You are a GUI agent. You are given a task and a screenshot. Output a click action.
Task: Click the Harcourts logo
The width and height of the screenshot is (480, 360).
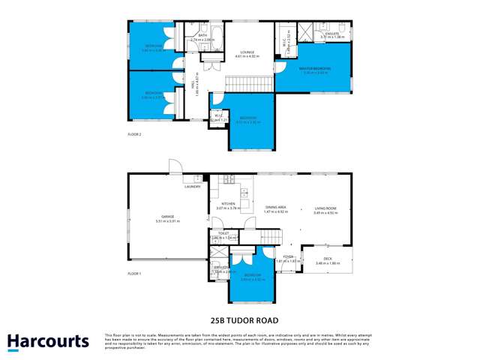pos(48,341)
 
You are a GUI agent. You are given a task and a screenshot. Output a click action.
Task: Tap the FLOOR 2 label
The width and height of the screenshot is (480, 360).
pos(135,135)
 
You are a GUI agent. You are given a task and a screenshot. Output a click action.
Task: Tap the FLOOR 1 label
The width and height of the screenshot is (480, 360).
pos(135,273)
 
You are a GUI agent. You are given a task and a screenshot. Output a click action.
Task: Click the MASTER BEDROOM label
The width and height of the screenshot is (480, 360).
pos(314,68)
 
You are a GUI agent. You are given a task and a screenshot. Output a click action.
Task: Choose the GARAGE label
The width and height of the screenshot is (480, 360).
pos(165,217)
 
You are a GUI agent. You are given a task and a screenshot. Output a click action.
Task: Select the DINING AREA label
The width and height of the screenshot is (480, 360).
pos(277,209)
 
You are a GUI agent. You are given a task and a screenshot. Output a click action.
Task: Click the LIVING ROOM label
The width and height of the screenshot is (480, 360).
pos(325,209)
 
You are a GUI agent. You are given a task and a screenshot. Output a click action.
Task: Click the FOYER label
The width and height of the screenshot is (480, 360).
pos(287,256)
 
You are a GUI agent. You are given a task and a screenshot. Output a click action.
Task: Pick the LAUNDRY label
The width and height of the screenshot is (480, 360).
pos(192,187)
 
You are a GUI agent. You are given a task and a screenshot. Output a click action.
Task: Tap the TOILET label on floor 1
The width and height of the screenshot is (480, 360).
pos(223,234)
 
